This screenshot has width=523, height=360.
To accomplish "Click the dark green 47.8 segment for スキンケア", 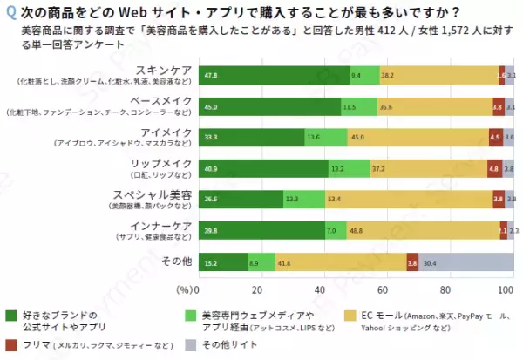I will tap(274, 76).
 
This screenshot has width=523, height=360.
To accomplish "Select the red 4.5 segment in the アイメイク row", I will tap(494, 137).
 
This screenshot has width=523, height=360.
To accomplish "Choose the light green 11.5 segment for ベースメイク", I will tap(358, 106).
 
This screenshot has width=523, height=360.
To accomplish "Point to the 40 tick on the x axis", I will tap(321, 289).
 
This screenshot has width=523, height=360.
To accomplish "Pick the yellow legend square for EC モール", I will tap(351, 316).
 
